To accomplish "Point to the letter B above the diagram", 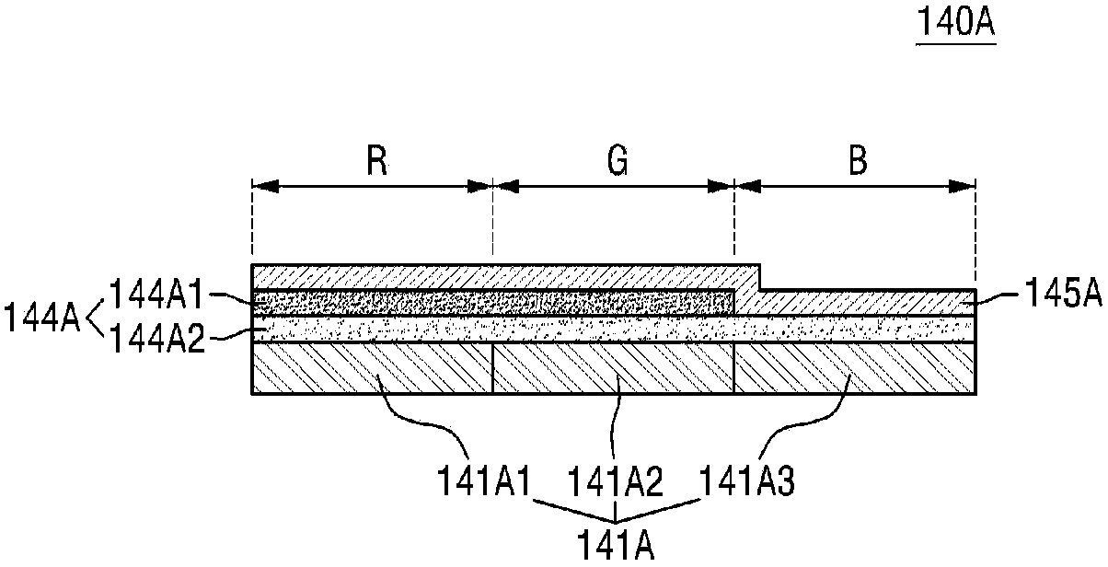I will (858, 163).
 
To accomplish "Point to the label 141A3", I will (745, 480).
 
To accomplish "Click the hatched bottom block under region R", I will (373, 368).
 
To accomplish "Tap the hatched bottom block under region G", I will (614, 368).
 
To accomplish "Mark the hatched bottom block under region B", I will (854, 368).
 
